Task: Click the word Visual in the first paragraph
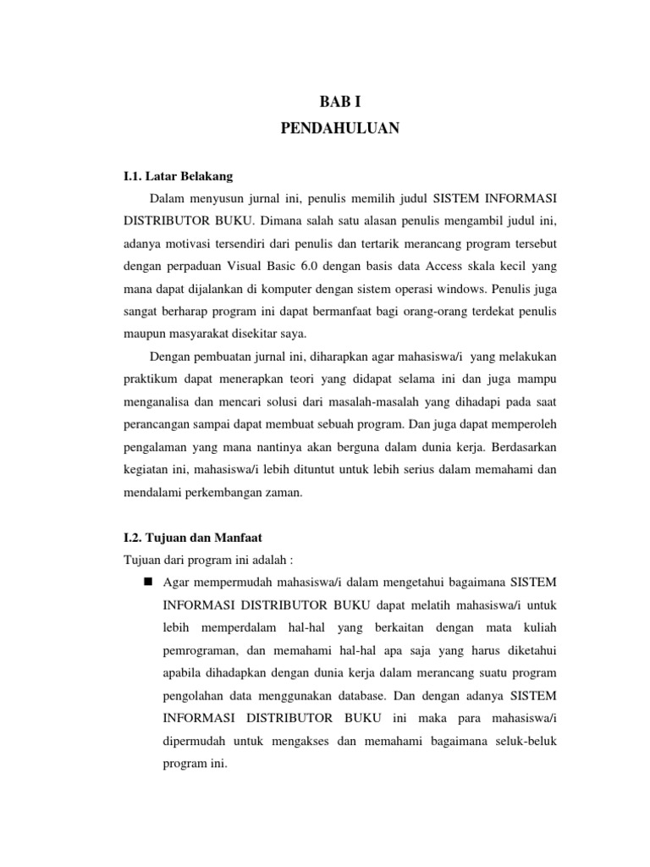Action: (266, 264)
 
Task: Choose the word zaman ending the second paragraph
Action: (282, 493)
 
